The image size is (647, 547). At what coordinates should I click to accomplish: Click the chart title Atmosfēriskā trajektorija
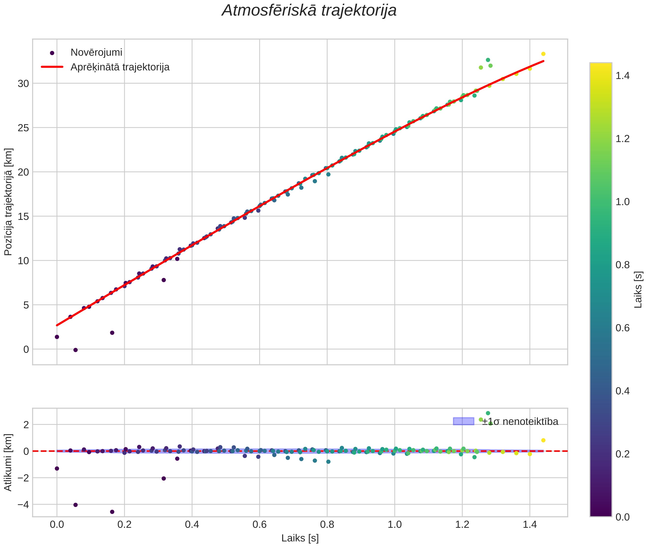(309, 10)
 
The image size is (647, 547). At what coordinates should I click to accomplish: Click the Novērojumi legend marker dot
(52, 53)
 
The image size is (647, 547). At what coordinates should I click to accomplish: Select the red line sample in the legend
(52, 67)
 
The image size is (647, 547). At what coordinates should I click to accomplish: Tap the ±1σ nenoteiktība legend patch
(463, 421)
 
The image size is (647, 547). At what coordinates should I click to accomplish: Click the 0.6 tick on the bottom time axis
(260, 525)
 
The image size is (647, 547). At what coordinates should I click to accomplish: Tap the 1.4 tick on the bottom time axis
(530, 525)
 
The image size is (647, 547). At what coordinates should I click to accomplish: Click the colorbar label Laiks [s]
(638, 290)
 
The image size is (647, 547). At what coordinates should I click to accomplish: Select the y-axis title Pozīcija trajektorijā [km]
(8, 202)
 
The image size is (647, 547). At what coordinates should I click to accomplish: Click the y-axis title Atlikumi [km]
(8, 462)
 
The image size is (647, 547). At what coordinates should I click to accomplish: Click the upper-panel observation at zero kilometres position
(76, 350)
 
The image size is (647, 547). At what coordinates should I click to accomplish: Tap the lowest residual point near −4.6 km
(112, 512)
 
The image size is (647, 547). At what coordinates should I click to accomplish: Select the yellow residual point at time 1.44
(543, 440)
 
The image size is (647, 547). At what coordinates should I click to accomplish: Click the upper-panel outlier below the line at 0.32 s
(164, 280)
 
